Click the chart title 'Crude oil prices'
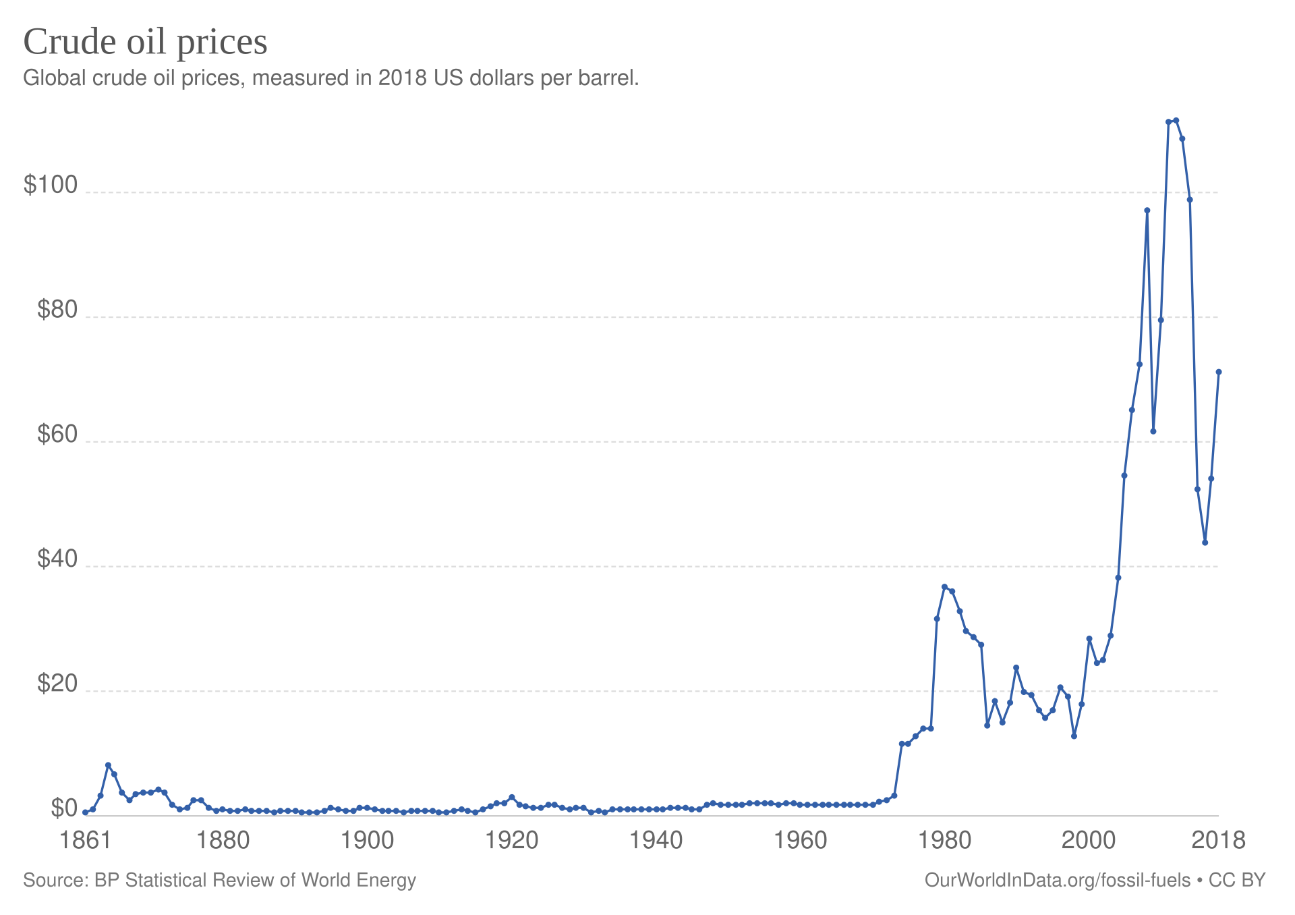tap(145, 42)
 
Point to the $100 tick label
tap(51, 185)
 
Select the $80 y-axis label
tap(57, 310)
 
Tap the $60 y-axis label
tap(57, 435)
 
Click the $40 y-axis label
tap(57, 559)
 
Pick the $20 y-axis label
tap(57, 684)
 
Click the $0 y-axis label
tap(64, 808)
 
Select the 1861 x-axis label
tap(85, 841)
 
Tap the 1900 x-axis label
tap(367, 841)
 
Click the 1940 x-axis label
tap(656, 841)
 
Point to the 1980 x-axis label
tap(944, 841)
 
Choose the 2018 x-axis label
tap(1218, 841)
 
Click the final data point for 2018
tap(1219, 372)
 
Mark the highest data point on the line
tap(1176, 120)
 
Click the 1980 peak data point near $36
tap(944, 587)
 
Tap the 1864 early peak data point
tap(108, 765)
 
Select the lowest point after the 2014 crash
tap(1205, 543)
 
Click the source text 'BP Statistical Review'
tap(183, 881)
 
